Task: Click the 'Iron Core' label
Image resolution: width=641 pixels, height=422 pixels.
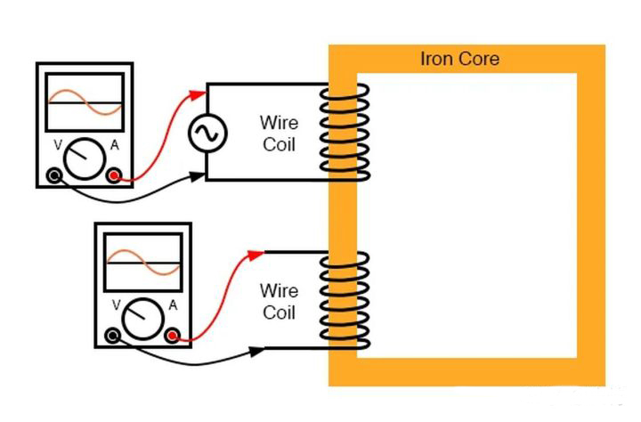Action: [459, 60]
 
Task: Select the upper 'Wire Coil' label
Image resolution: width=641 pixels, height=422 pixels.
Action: [278, 133]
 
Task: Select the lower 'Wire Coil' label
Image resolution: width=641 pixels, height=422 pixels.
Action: [278, 302]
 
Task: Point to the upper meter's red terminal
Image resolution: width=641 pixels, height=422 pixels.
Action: [114, 175]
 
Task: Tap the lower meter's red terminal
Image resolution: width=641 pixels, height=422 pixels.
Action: [172, 336]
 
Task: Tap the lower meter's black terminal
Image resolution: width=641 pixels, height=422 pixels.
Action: [113, 336]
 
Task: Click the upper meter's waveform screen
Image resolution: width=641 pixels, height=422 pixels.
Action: [85, 103]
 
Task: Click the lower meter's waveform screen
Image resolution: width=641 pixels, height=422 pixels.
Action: [143, 264]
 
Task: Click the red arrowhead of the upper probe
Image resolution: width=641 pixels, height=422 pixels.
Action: [198, 90]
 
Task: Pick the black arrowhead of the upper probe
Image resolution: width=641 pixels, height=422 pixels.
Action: [198, 177]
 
